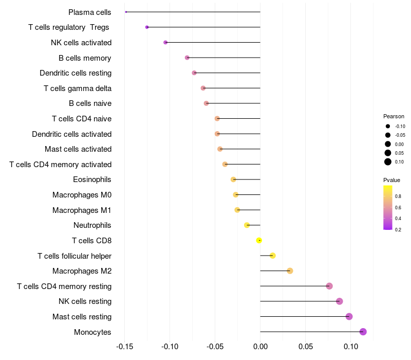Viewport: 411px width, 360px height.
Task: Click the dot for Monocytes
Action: click(x=363, y=332)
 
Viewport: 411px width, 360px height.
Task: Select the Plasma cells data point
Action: click(x=126, y=12)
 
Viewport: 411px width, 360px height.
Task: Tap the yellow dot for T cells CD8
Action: click(x=259, y=240)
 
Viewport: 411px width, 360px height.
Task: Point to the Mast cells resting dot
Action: click(x=349, y=316)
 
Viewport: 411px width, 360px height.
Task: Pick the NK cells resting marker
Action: click(x=340, y=301)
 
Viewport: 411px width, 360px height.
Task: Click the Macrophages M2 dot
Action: click(x=290, y=271)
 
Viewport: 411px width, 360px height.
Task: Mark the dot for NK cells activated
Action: click(x=165, y=42)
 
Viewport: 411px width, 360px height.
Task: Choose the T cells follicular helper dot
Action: click(x=273, y=256)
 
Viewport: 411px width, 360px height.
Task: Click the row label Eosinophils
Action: click(x=92, y=179)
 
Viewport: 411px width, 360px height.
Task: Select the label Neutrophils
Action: click(x=92, y=225)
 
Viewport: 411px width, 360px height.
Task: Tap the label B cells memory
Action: click(x=85, y=58)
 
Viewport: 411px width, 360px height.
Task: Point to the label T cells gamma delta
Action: click(x=78, y=88)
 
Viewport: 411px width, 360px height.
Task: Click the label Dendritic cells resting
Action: click(x=76, y=73)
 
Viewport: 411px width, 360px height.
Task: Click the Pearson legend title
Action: click(x=394, y=116)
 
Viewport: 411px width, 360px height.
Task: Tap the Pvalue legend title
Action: click(x=391, y=180)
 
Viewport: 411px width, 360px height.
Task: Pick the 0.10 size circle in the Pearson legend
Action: click(x=388, y=162)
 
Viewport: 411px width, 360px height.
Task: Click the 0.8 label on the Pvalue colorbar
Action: click(x=398, y=196)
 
